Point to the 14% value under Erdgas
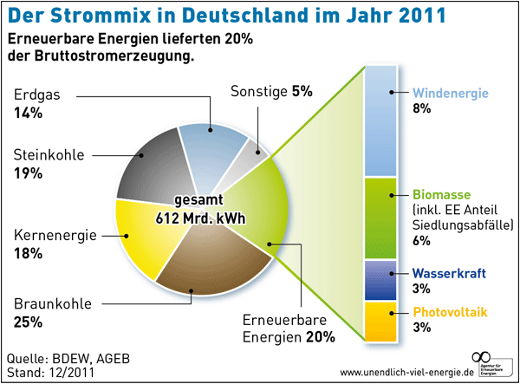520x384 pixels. pyautogui.click(x=29, y=112)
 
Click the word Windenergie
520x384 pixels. pyautogui.click(x=452, y=93)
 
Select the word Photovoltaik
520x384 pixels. pyautogui.click(x=451, y=312)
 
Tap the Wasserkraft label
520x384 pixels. pyautogui.click(x=449, y=273)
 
